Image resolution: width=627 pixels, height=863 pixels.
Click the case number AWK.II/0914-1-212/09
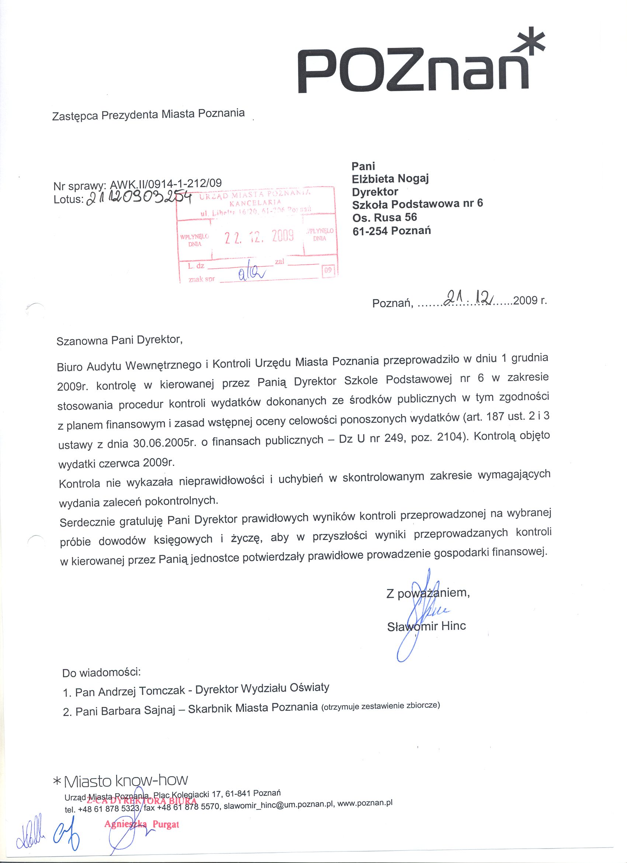pos(166,184)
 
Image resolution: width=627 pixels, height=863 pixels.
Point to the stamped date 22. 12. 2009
pos(259,237)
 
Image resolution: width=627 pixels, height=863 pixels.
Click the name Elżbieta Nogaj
pos(390,179)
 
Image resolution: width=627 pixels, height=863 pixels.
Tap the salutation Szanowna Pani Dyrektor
pos(119,340)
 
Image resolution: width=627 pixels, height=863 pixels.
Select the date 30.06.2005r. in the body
pos(162,443)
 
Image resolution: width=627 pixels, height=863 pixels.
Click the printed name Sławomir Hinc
pos(426,626)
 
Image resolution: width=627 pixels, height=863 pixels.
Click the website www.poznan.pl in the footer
pos(364,803)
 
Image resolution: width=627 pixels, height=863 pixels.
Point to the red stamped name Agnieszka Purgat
pos(142,825)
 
